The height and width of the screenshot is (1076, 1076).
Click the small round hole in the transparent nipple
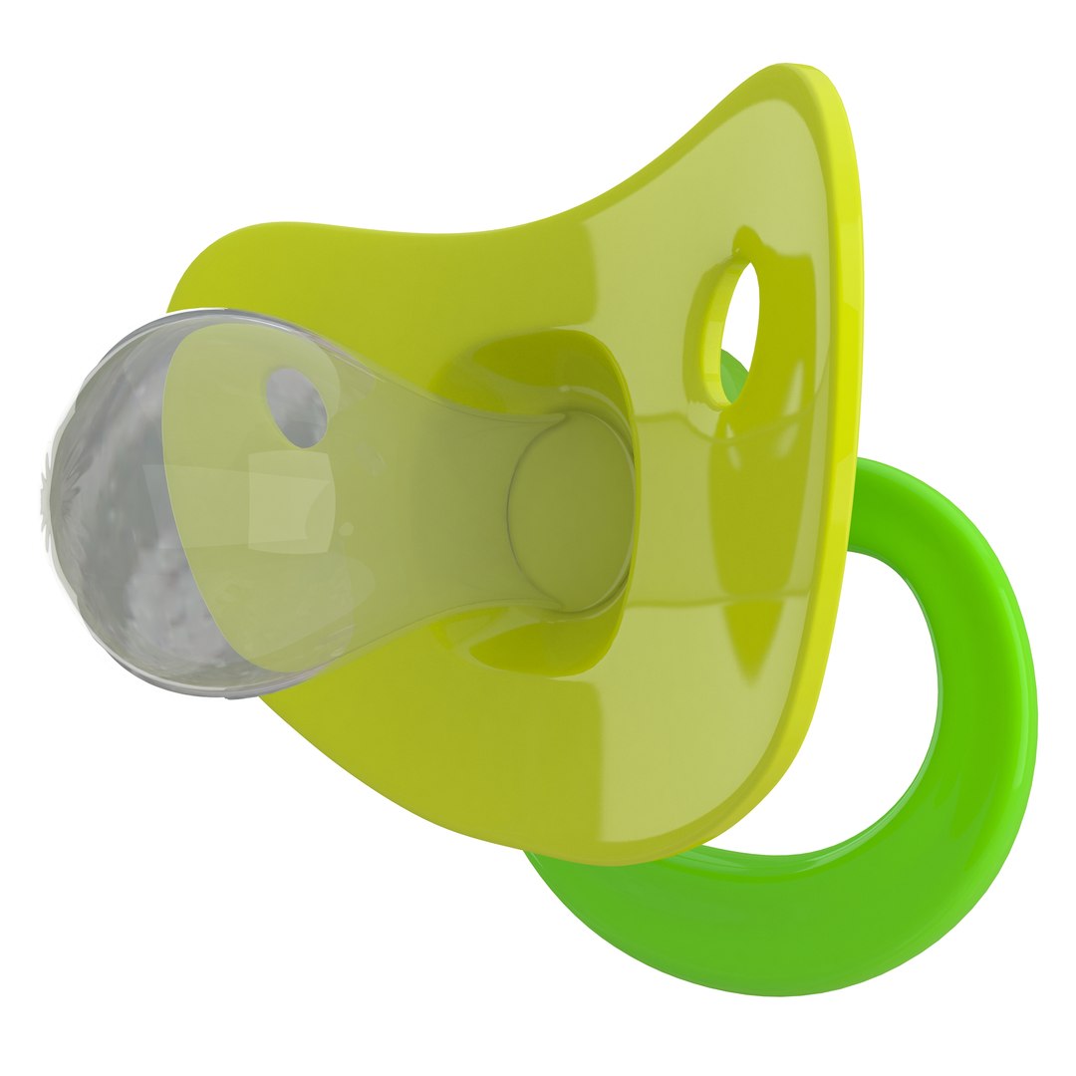coord(297,407)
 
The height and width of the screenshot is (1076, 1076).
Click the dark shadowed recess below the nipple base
coord(538,648)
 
